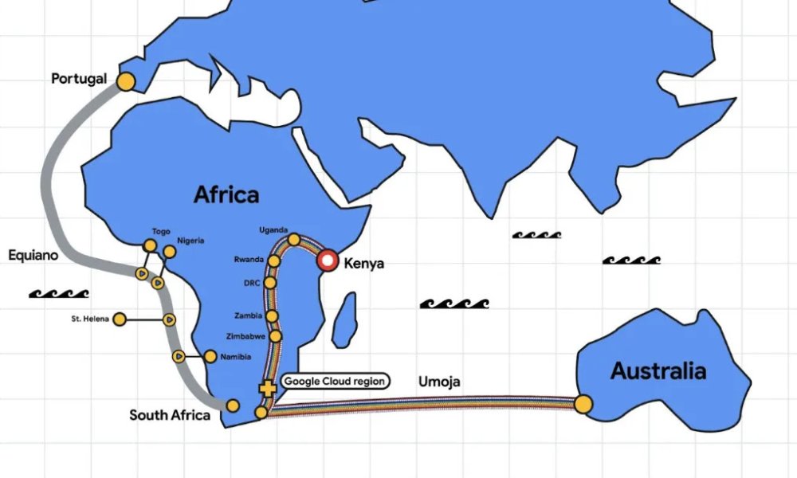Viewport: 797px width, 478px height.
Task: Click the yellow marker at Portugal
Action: coord(125,80)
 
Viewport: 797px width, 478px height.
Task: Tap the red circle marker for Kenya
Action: coord(327,261)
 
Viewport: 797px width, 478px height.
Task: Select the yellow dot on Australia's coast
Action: coord(583,404)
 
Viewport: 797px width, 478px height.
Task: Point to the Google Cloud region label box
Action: coord(335,382)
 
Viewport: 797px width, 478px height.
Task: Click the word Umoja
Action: coord(439,382)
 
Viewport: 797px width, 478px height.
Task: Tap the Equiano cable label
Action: coord(33,256)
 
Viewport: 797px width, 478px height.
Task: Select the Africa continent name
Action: coord(226,194)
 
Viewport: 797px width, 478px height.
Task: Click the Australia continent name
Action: coord(658,370)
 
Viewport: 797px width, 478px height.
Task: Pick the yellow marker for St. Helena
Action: coord(120,319)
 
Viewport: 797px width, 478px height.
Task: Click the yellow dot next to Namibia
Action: coord(210,356)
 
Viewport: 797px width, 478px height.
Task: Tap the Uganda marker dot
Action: coord(294,239)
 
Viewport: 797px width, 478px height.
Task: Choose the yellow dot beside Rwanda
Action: coord(274,261)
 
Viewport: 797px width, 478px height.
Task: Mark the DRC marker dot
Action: coord(270,282)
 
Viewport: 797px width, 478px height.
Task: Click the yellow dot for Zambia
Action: coord(272,316)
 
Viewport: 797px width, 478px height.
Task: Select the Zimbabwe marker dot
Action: coord(276,336)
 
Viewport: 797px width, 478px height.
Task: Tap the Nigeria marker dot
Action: coord(170,252)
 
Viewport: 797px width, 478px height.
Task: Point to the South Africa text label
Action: coord(170,415)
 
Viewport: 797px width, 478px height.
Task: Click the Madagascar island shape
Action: coord(344,320)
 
